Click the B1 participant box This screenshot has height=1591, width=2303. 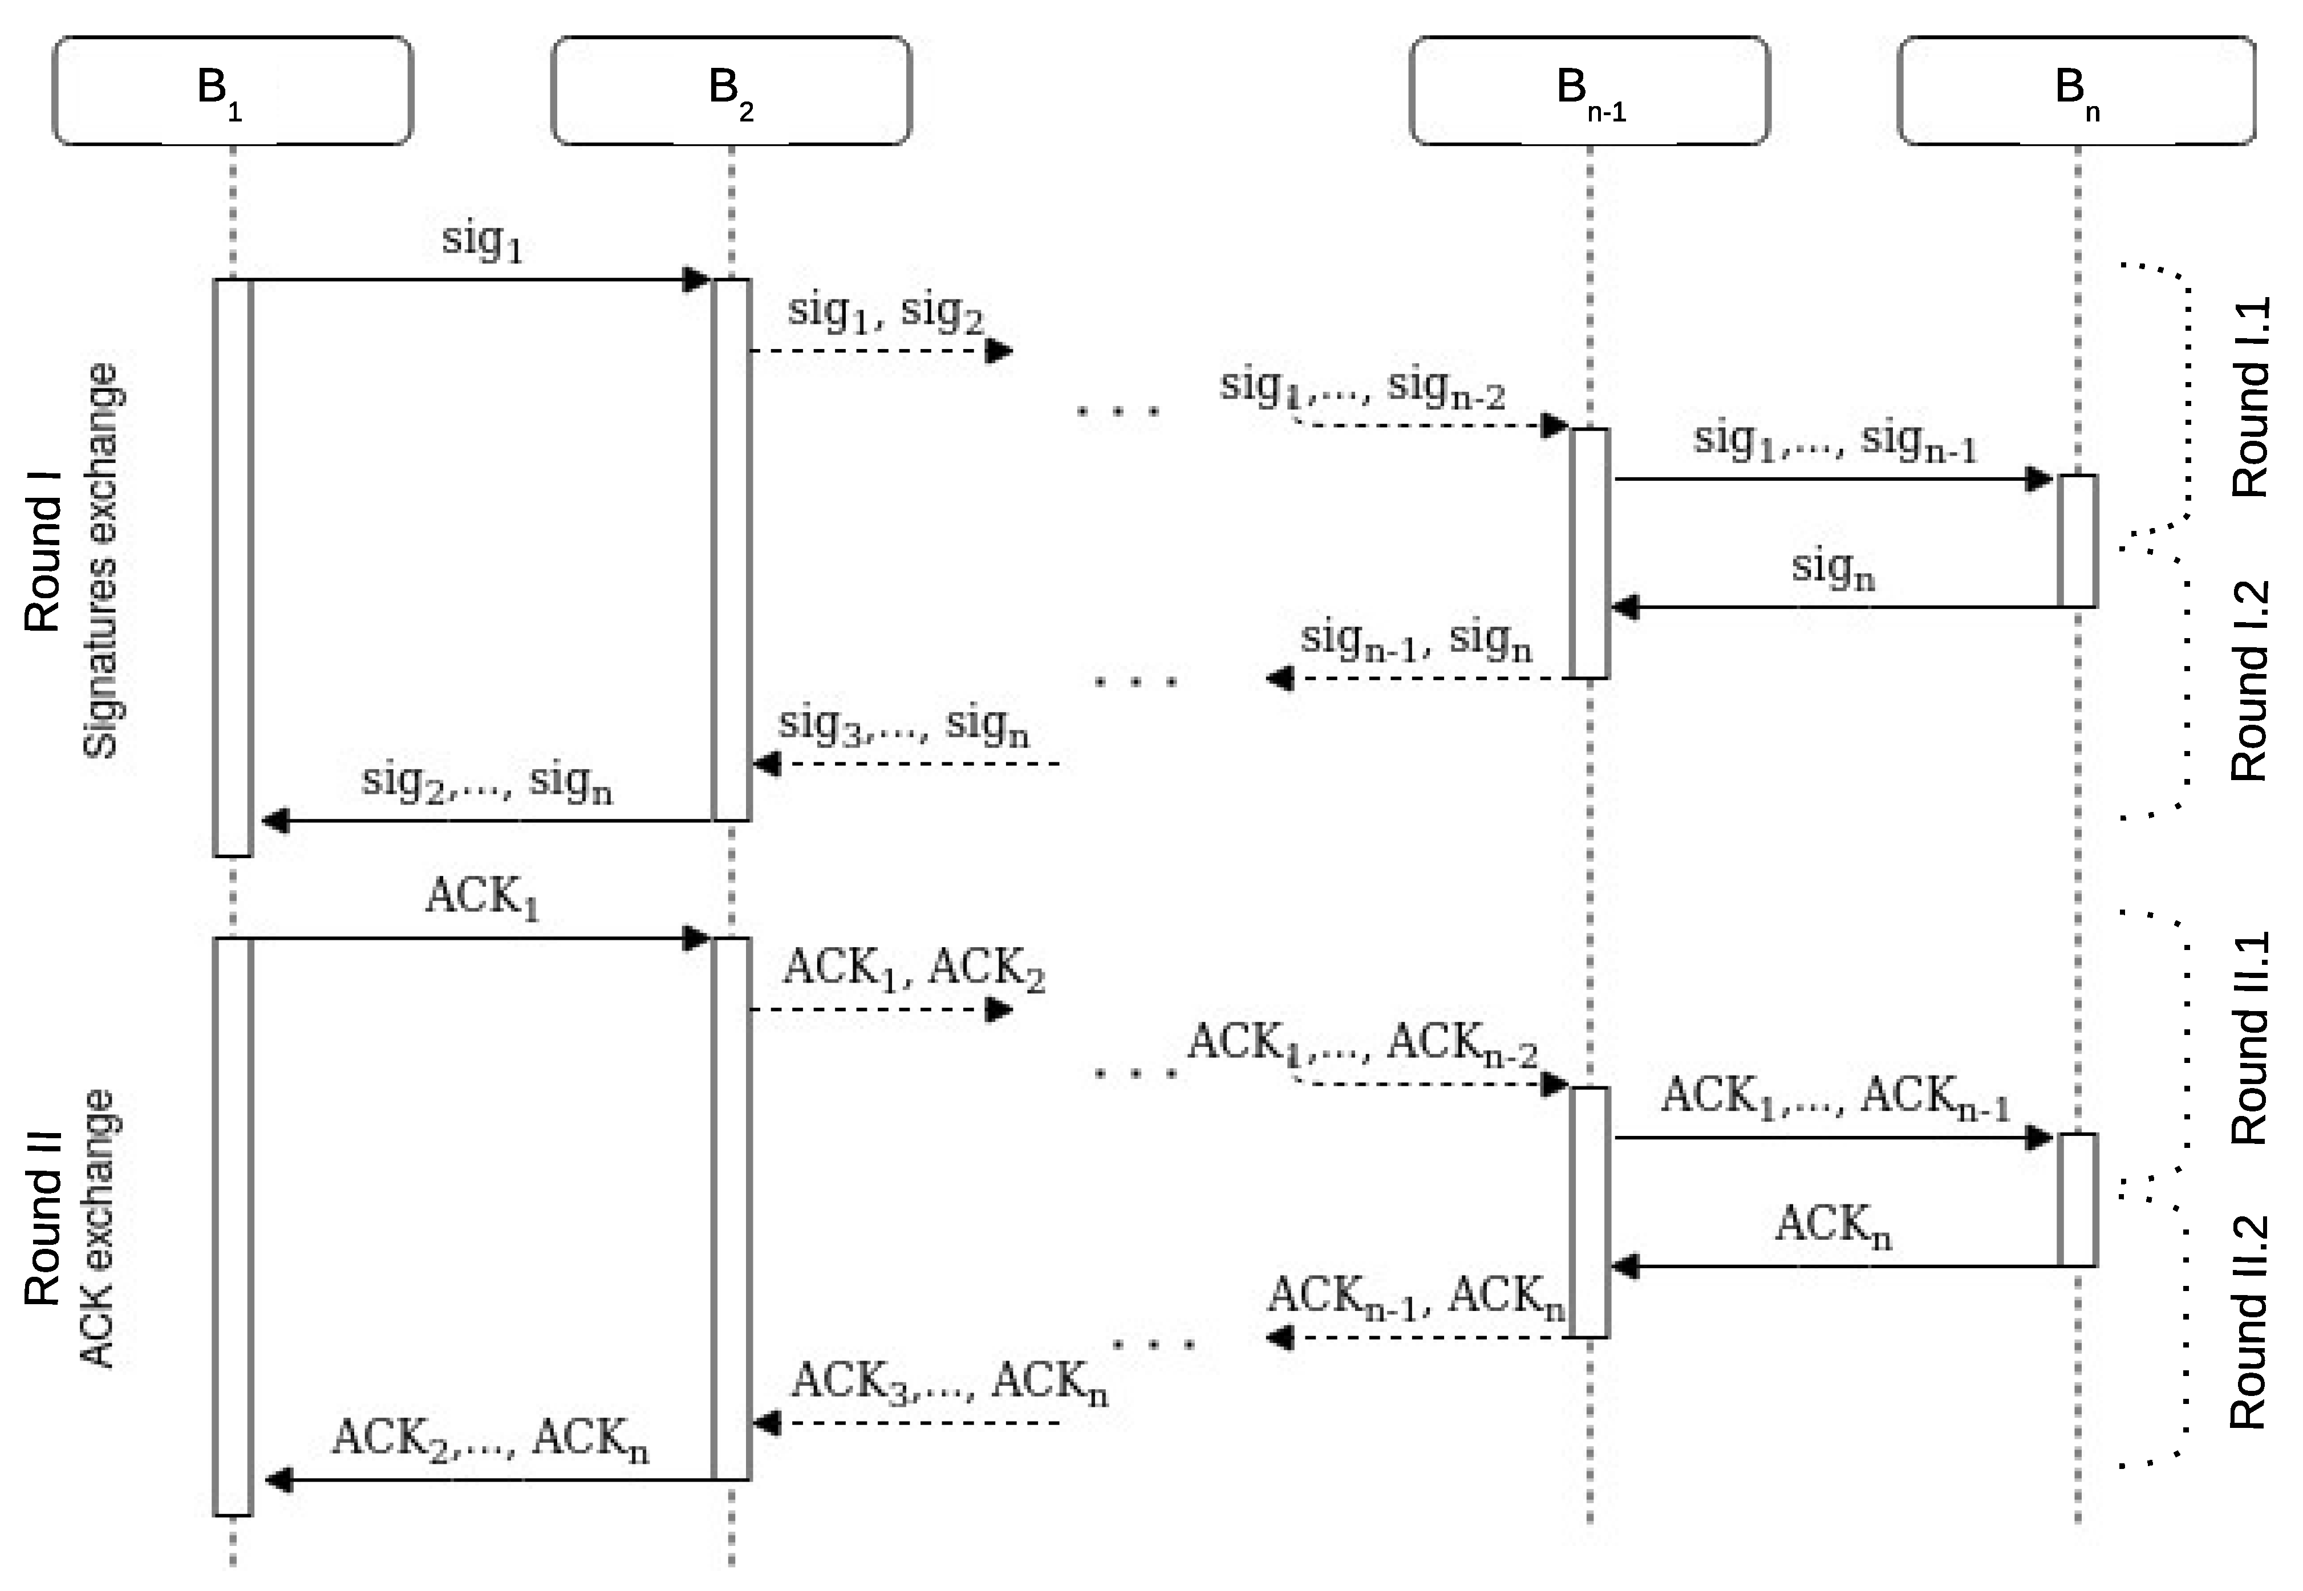(232, 91)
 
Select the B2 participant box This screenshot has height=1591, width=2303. (731, 91)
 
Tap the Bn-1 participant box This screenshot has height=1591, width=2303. (1589, 91)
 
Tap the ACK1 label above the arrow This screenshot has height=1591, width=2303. (481, 897)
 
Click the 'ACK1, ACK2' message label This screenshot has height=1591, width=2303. (913, 969)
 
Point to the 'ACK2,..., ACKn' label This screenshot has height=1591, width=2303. (489, 1439)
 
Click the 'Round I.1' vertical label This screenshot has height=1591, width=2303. (2249, 397)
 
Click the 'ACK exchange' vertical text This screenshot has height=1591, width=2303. (98, 1229)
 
